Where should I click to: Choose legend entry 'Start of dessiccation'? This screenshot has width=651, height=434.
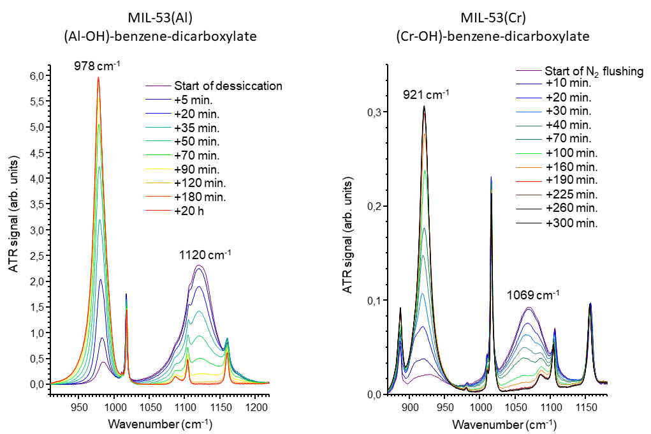(228, 86)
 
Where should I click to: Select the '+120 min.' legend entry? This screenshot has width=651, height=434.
(198, 183)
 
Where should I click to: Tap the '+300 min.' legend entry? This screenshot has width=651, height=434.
(571, 223)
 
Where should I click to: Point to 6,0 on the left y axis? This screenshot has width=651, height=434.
(36, 75)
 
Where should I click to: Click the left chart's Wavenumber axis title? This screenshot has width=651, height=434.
(160, 424)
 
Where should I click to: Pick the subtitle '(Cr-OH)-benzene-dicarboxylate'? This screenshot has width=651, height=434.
(492, 36)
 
